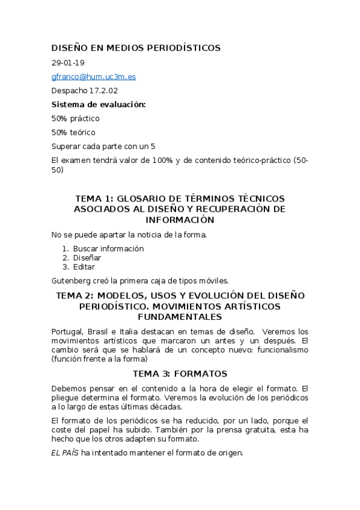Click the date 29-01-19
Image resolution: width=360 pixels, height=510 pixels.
click(x=69, y=63)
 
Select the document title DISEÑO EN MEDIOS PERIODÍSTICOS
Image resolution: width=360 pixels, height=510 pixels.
click(x=136, y=48)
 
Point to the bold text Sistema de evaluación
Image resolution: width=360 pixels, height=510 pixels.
click(x=99, y=104)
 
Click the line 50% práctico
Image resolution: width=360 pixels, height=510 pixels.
click(x=76, y=118)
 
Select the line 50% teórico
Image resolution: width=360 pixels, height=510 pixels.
click(x=73, y=132)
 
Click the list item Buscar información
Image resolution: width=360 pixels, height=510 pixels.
click(x=108, y=248)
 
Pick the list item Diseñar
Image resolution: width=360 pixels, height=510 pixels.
click(x=87, y=257)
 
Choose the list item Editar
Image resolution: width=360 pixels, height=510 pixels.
click(x=84, y=266)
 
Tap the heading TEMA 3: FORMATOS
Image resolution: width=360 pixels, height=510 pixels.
click(x=180, y=373)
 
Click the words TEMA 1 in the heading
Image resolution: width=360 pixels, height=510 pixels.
click(x=93, y=198)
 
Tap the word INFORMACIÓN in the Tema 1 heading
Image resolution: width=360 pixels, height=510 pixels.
click(x=180, y=220)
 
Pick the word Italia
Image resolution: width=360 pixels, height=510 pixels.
click(x=131, y=331)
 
